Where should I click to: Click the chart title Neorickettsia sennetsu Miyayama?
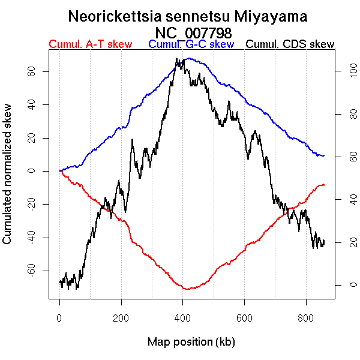(x=188, y=16)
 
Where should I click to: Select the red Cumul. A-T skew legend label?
(x=90, y=44)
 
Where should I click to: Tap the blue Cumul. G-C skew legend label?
(x=191, y=44)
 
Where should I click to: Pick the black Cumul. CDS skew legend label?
(x=290, y=44)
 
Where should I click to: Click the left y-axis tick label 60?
(x=29, y=71)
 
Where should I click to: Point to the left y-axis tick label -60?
(x=29, y=271)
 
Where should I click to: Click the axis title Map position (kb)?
(x=191, y=342)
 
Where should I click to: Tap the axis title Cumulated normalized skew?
(x=8, y=181)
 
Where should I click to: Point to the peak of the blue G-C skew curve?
(x=190, y=58)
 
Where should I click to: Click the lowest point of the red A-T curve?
(x=188, y=289)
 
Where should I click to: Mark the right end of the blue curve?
(x=324, y=155)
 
